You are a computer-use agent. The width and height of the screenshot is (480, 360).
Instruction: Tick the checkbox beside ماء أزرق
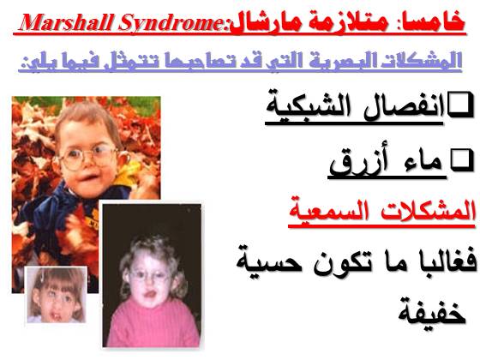461,159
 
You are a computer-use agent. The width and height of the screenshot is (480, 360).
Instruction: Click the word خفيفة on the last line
432,313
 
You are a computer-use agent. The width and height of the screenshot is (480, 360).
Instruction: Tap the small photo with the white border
56,295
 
